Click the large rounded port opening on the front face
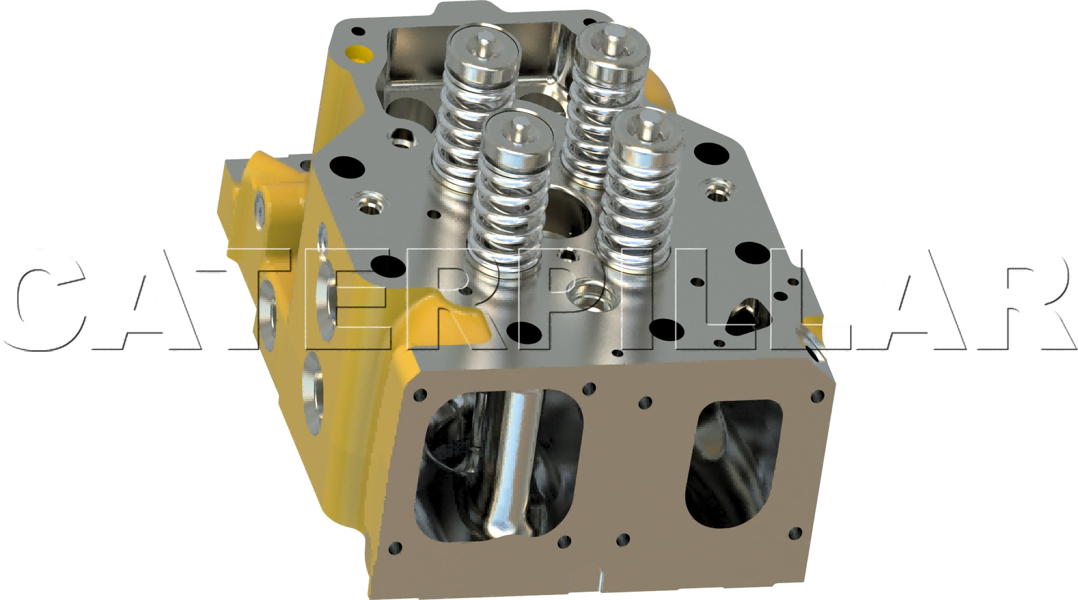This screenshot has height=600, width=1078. click(x=498, y=466)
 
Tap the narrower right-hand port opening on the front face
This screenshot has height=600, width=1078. click(x=733, y=464)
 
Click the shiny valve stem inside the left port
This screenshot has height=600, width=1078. click(x=513, y=466)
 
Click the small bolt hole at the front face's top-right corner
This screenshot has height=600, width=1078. click(x=818, y=396)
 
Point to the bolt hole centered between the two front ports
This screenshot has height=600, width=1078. click(x=645, y=403)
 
